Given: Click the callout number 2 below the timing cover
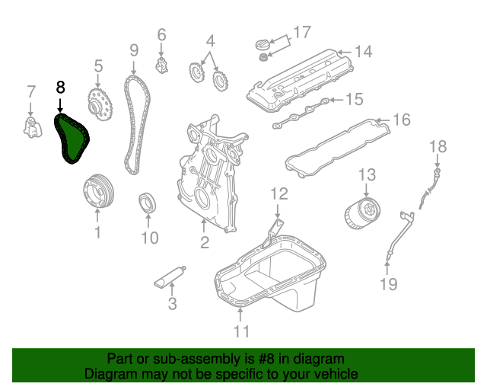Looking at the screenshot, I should pos(204,243).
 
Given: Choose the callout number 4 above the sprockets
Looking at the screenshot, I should pos(210,40).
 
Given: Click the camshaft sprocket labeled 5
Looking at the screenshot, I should pos(97,104).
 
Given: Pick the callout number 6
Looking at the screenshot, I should pos(161,34).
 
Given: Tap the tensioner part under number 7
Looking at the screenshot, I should pos(32,127).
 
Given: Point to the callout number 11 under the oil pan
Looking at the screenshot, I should pos(241,331).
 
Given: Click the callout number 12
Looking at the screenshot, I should pos(279,193).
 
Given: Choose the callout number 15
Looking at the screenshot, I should pos(355,99).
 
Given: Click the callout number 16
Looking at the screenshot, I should pos(401,120).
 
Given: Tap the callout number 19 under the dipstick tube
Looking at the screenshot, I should pos(389,285).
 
